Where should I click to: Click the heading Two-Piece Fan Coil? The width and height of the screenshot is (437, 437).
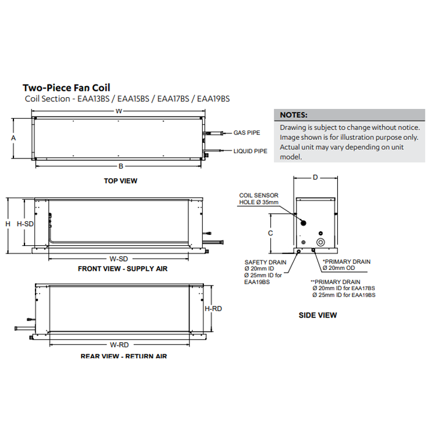pos(66,88)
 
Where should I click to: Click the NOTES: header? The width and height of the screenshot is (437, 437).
pos(294,115)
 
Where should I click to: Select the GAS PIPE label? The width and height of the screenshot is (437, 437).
pos(246,133)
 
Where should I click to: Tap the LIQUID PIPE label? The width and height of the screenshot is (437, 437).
pos(250,151)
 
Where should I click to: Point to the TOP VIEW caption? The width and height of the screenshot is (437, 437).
pos(121,181)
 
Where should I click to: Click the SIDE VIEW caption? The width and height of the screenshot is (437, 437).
pos(318,315)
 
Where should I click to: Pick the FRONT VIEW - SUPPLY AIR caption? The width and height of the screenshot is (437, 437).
pos(122,269)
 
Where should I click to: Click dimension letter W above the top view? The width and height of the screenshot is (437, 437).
pos(118,111)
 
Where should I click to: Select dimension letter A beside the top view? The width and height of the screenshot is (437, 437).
pos(13,138)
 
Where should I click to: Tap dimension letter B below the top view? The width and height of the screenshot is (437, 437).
pos(121,166)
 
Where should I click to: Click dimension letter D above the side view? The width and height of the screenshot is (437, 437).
pos(315,177)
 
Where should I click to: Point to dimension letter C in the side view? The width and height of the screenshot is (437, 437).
pos(270,232)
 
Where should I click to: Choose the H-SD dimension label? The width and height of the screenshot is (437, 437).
pos(25,224)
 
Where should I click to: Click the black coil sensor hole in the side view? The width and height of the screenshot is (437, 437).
pos(303,223)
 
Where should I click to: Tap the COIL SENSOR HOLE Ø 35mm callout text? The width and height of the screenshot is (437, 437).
pos(259,198)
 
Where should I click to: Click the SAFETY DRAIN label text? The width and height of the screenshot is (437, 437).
pos(265,262)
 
